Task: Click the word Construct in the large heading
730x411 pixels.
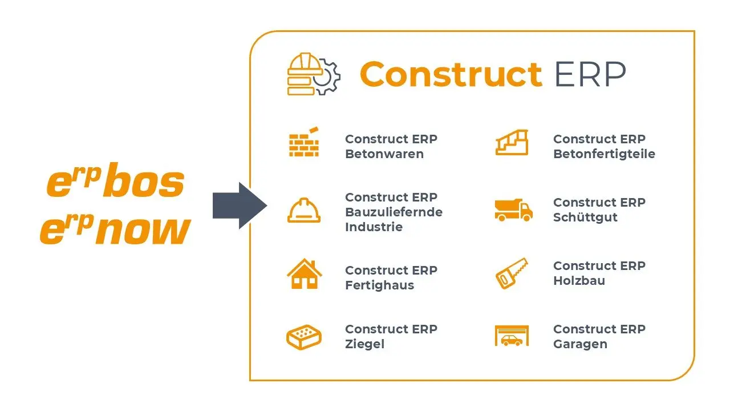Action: pyautogui.click(x=451, y=74)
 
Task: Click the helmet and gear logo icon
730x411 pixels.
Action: pyautogui.click(x=313, y=74)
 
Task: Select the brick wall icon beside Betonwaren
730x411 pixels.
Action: pyautogui.click(x=303, y=143)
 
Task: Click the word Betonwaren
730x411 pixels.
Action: pyautogui.click(x=384, y=154)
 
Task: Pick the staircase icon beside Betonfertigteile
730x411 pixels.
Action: pyautogui.click(x=512, y=143)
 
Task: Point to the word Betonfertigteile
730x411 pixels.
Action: pyautogui.click(x=604, y=154)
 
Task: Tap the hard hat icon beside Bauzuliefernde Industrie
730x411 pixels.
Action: pyautogui.click(x=303, y=210)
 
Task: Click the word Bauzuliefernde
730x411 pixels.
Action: pyautogui.click(x=394, y=212)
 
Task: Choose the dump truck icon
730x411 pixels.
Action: pyautogui.click(x=513, y=210)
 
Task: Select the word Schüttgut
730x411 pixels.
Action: pyautogui.click(x=585, y=217)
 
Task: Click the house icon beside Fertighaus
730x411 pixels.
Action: pyautogui.click(x=304, y=274)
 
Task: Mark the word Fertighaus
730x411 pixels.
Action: pyautogui.click(x=379, y=285)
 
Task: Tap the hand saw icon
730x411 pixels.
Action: pyautogui.click(x=512, y=273)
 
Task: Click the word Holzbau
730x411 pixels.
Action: pyautogui.click(x=579, y=281)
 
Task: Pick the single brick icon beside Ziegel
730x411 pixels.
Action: pyautogui.click(x=303, y=337)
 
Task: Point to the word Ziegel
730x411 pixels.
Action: pyautogui.click(x=364, y=344)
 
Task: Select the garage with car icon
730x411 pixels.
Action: pyautogui.click(x=512, y=336)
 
